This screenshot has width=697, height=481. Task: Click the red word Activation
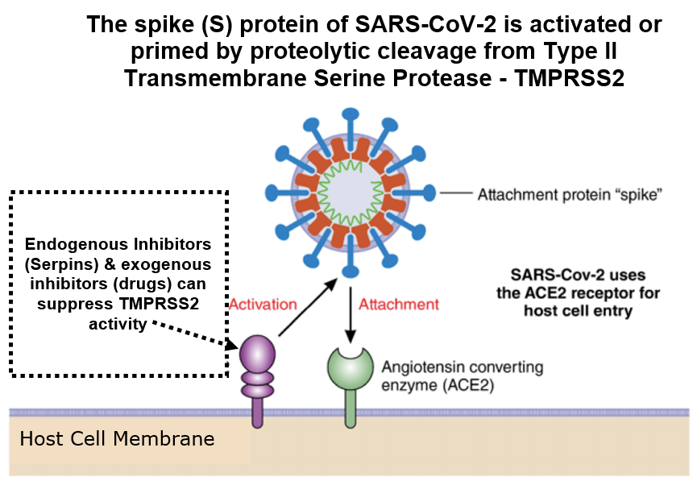pos(263,305)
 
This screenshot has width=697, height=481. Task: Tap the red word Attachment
pos(399,305)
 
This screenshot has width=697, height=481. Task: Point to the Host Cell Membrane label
pos(118,439)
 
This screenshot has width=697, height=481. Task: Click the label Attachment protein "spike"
pos(570,195)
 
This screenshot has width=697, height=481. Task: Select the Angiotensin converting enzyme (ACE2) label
pos(463,376)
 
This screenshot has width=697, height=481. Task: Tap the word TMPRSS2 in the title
pos(570,78)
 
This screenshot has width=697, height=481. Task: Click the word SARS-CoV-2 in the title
pos(425,24)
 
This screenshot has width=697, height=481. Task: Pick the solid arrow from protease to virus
pos(308,307)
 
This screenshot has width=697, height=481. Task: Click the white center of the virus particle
pos(351,193)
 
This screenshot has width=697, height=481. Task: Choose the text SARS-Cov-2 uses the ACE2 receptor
pos(578,284)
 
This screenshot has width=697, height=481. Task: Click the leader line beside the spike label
pos(456,193)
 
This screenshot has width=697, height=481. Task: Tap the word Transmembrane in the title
pos(217,78)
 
